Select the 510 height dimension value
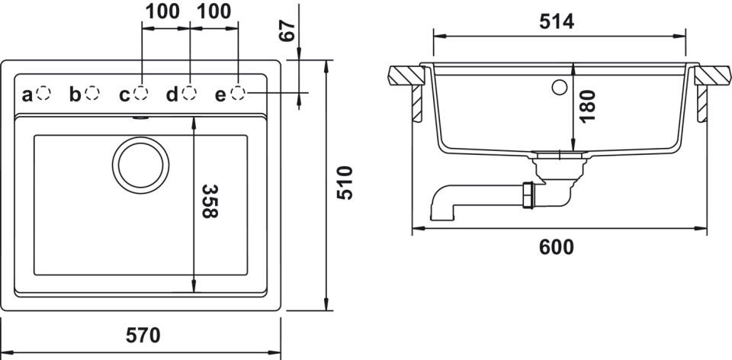[x=345, y=183]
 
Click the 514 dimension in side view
[x=557, y=22]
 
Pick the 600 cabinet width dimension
[x=557, y=247]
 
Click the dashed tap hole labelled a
[x=44, y=93]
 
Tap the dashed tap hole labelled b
[x=92, y=93]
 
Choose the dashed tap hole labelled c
[x=141, y=93]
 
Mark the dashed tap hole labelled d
[x=190, y=93]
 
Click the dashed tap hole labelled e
[x=239, y=93]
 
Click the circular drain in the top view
[x=140, y=163]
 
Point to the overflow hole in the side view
[x=560, y=87]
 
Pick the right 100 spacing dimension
[x=213, y=11]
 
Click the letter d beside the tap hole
[x=172, y=95]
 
